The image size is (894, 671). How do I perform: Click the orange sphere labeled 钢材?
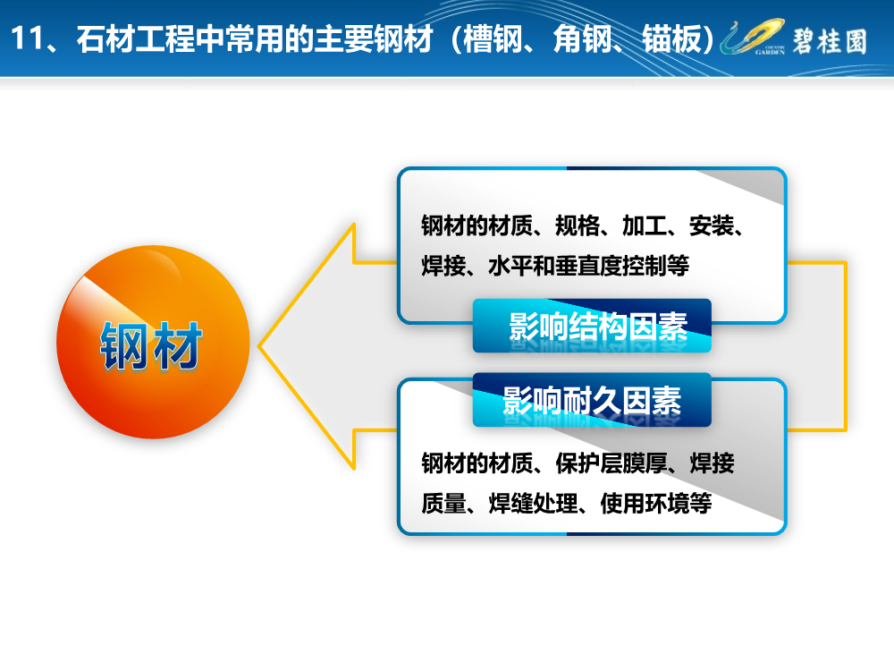[x=153, y=342]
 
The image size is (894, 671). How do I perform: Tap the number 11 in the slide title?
[x=28, y=38]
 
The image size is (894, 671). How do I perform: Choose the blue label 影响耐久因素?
[x=592, y=400]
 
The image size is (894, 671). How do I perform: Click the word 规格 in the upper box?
[x=577, y=226]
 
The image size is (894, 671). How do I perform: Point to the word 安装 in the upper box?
[x=711, y=226]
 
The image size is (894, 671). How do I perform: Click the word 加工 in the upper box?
[x=645, y=226]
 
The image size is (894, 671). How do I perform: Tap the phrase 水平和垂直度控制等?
[x=588, y=266]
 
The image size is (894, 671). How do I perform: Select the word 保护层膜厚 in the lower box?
[x=611, y=463]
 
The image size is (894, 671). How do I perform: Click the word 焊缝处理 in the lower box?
[x=533, y=503]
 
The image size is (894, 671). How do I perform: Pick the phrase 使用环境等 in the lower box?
[x=655, y=503]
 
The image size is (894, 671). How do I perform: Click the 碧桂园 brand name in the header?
[x=830, y=41]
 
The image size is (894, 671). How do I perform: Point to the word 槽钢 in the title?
[x=493, y=38]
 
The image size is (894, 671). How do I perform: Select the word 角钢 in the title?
[x=582, y=38]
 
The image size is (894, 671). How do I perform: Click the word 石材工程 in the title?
[x=136, y=38]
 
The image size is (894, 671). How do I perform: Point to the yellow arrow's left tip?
[x=259, y=345]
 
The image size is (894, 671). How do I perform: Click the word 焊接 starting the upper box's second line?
[x=443, y=266]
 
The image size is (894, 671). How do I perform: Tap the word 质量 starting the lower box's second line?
[x=443, y=503]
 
